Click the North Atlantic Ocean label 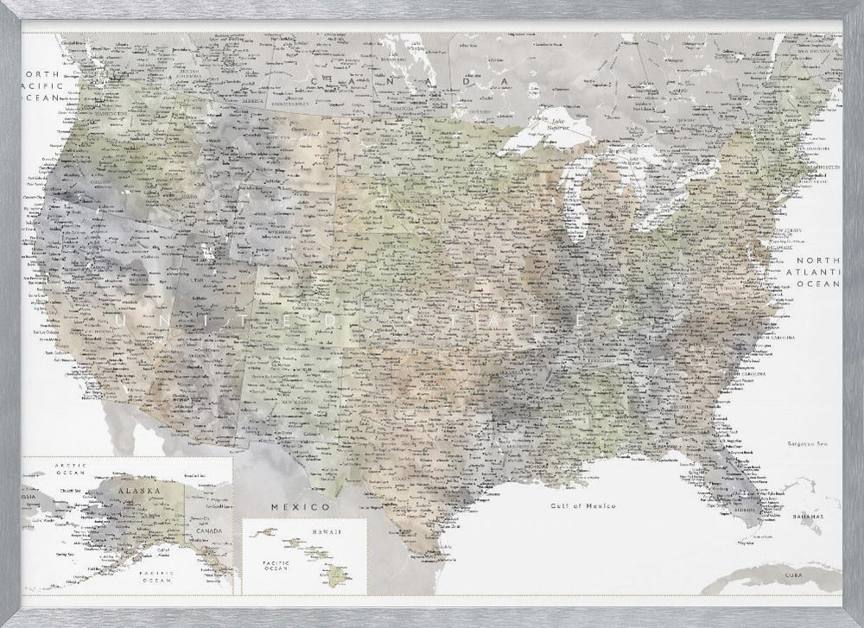[817, 271]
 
